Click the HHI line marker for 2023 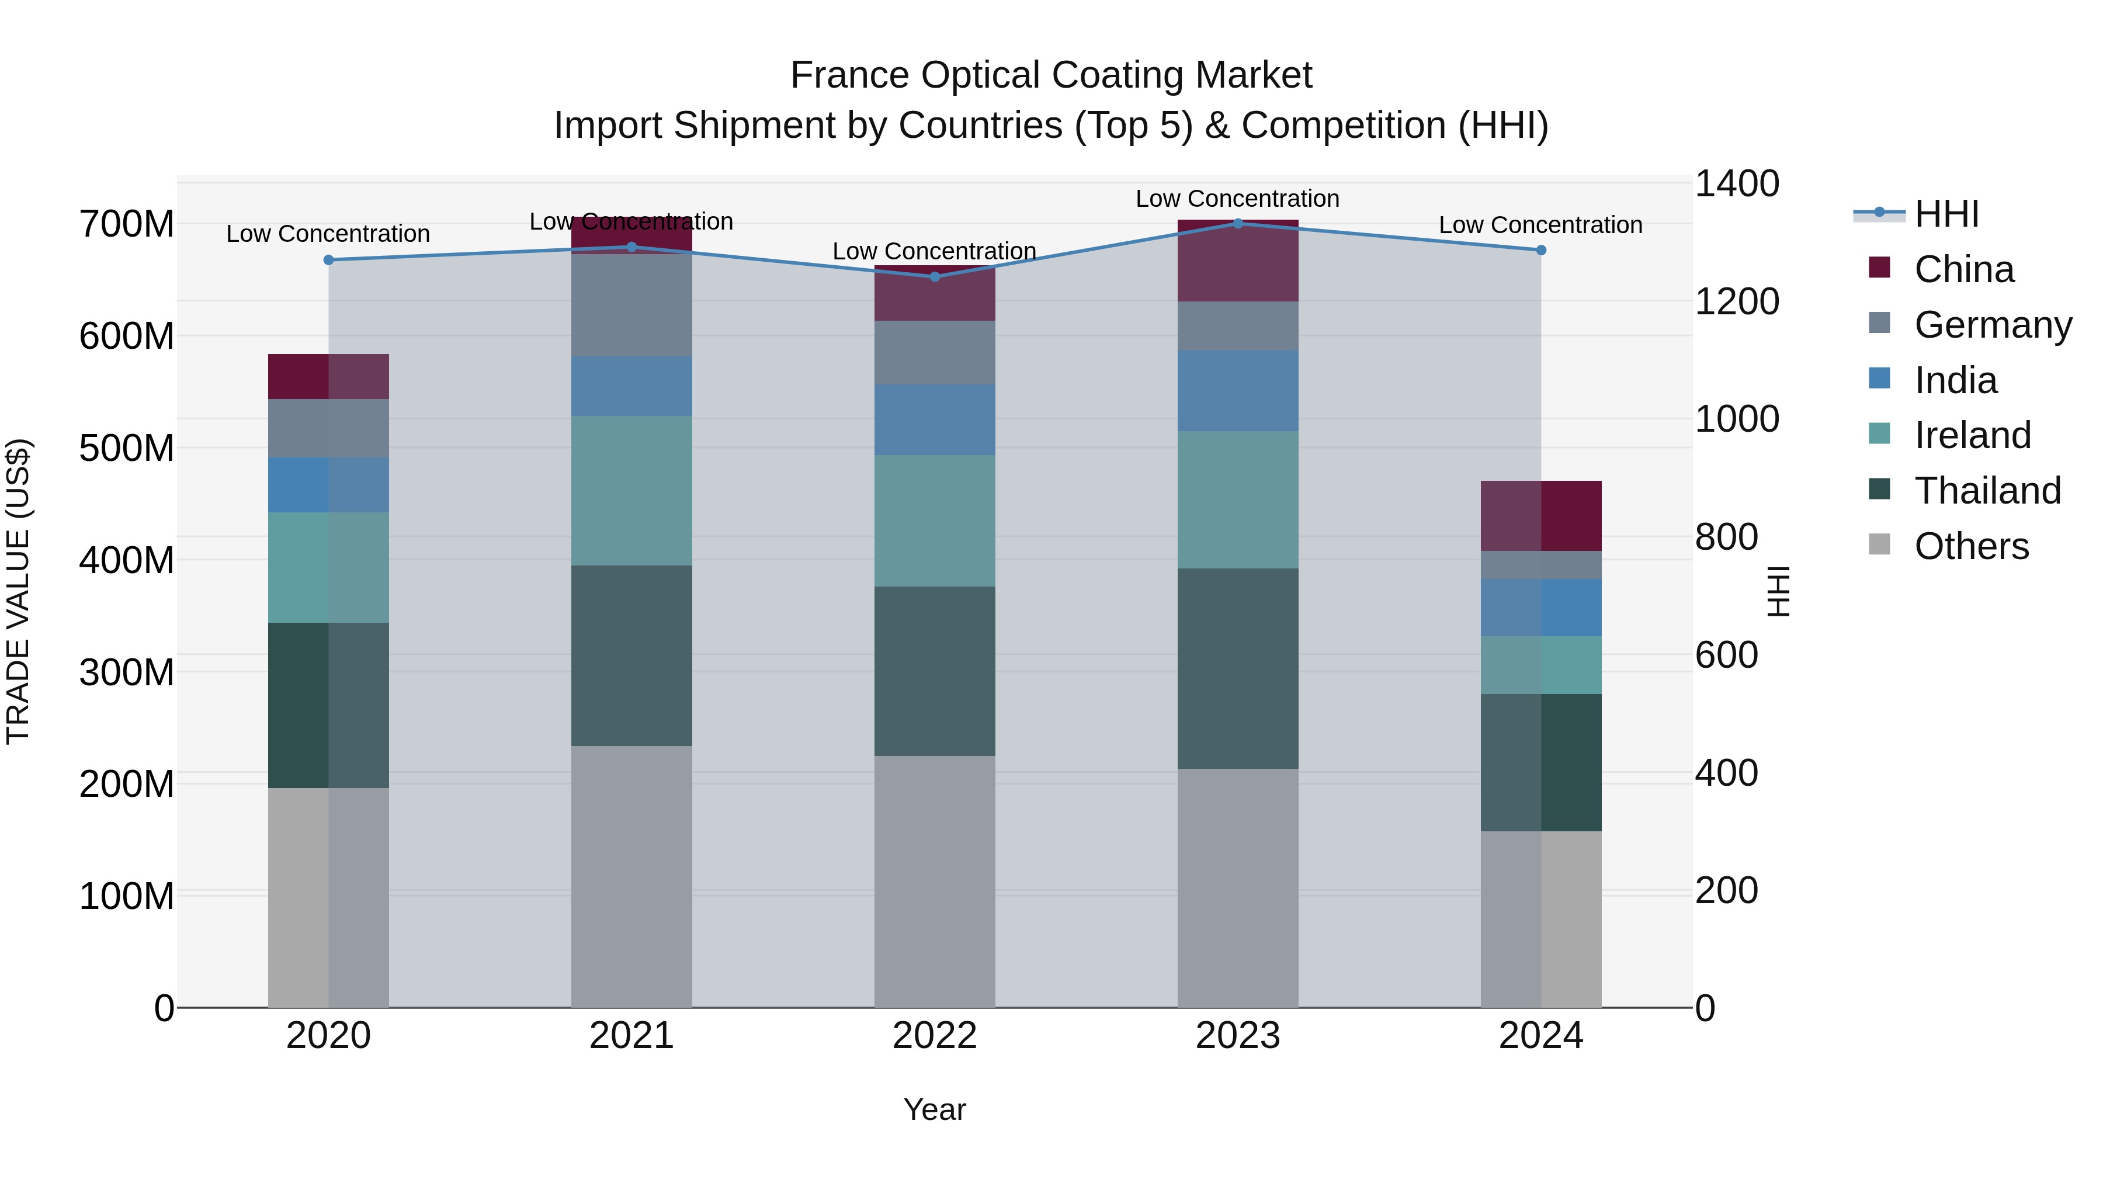tap(1238, 223)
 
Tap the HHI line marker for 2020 tap(329, 259)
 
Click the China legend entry tap(1963, 269)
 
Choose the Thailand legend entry tap(1987, 491)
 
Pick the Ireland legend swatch tap(1879, 433)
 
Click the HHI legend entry tap(1946, 214)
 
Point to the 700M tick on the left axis tap(127, 224)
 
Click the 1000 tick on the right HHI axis tap(1737, 419)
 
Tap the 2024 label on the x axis tap(1540, 1036)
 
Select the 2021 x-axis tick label tap(631, 1036)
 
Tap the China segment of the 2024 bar tap(1540, 516)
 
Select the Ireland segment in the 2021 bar tap(631, 491)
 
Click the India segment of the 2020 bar tap(329, 485)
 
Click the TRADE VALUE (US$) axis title tap(18, 591)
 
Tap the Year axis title tap(935, 1109)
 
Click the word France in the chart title tap(849, 75)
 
